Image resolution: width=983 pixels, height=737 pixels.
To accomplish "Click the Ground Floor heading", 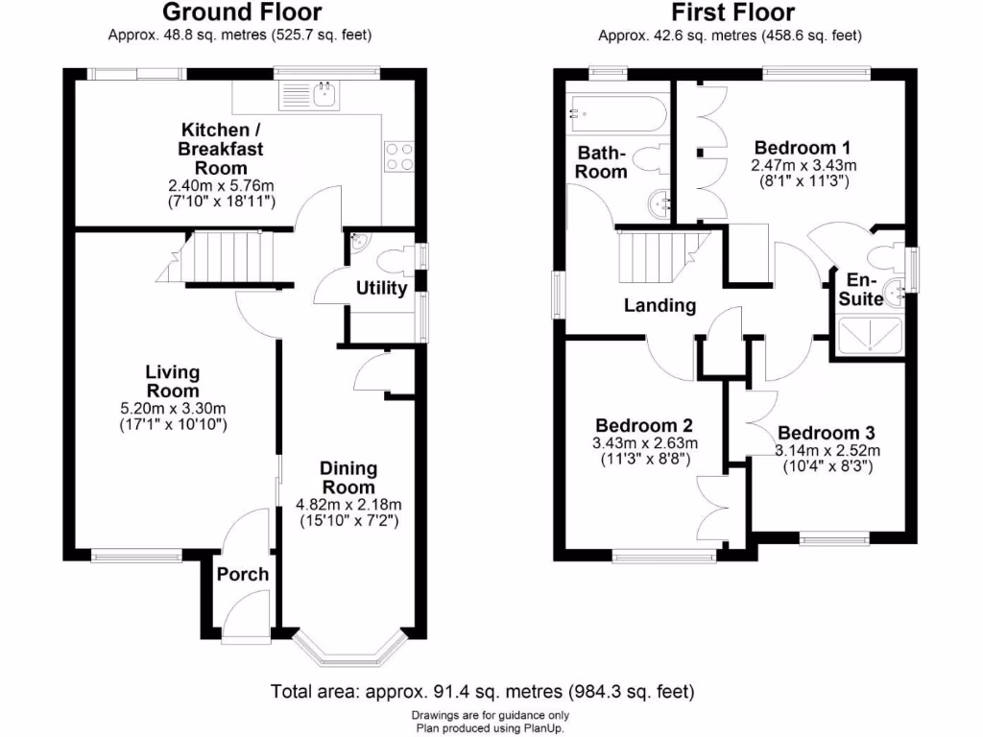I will pyautogui.click(x=241, y=12).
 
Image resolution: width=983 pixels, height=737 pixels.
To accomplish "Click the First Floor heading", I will pyautogui.click(x=732, y=12).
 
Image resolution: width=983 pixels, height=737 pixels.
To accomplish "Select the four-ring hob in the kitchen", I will pyautogui.click(x=400, y=156).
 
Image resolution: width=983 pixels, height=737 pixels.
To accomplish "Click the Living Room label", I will pyautogui.click(x=172, y=381).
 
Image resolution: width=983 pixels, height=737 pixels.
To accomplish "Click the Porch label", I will pyautogui.click(x=242, y=575).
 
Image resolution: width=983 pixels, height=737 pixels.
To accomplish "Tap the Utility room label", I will pyautogui.click(x=381, y=288).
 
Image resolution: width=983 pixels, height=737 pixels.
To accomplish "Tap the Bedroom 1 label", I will pyautogui.click(x=802, y=148).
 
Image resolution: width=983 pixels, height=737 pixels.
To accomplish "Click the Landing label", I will pyautogui.click(x=659, y=306).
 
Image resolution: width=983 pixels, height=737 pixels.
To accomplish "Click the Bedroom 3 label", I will pyautogui.click(x=827, y=433).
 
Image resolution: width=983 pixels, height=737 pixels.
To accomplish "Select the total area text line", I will pyautogui.click(x=483, y=691).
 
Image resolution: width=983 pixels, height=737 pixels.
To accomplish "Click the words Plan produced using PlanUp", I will pyautogui.click(x=491, y=728).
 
